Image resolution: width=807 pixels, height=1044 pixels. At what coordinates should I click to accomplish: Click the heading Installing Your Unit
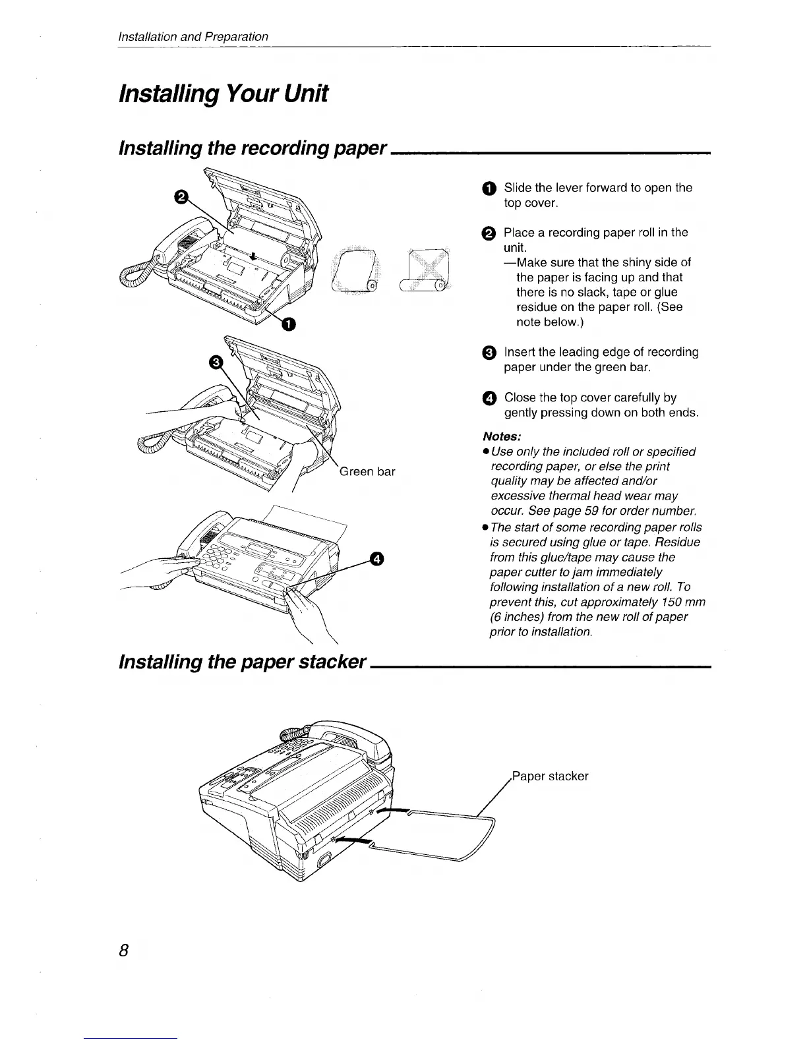point(222,93)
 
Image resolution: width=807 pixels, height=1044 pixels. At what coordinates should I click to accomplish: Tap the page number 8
point(123,950)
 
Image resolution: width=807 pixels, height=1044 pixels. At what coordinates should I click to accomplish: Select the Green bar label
point(367,471)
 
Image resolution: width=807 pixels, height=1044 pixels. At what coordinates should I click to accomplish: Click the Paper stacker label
point(550,776)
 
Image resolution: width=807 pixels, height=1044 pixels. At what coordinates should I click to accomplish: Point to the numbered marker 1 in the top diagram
point(288,324)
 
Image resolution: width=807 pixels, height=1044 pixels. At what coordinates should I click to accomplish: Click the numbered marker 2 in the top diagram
point(179,196)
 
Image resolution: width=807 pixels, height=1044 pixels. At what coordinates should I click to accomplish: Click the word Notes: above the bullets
point(502,436)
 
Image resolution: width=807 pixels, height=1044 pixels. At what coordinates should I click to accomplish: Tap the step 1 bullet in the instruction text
point(488,188)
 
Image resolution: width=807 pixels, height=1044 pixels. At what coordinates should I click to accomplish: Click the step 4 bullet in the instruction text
point(488,398)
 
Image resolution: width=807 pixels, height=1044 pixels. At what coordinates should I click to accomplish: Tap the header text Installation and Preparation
point(193,37)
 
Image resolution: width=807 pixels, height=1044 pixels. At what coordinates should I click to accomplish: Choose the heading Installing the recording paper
point(251,148)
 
